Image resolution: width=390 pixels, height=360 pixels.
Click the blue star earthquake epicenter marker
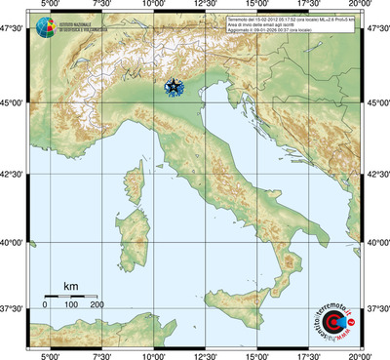pos(174,88)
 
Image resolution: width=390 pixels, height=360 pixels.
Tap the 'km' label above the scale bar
pos(70,286)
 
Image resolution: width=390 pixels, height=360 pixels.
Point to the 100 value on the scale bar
pos(71,305)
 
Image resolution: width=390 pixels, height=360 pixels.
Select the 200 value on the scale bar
pos(97,305)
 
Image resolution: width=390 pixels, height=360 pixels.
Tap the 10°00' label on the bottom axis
pos(154,355)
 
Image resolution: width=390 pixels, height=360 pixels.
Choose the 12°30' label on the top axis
pos(206,8)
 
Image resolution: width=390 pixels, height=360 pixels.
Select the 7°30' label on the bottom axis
pos(101,355)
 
